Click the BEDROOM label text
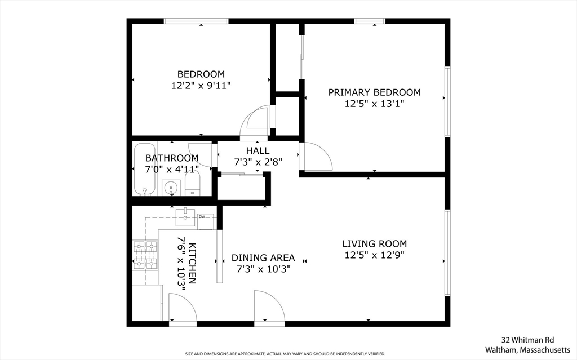coord(201,74)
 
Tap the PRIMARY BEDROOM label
coord(374,92)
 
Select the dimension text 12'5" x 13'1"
coord(374,104)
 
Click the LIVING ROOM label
coord(374,244)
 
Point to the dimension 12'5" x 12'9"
coord(374,255)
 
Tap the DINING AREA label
coord(263,258)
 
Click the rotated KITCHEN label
coord(192,263)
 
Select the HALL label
coord(258,151)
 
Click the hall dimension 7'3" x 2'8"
coord(258,162)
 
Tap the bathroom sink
coord(170,187)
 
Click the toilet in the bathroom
coord(193,184)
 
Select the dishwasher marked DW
coord(205,221)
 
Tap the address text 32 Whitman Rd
coord(528,340)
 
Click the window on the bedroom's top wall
coord(196,21)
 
